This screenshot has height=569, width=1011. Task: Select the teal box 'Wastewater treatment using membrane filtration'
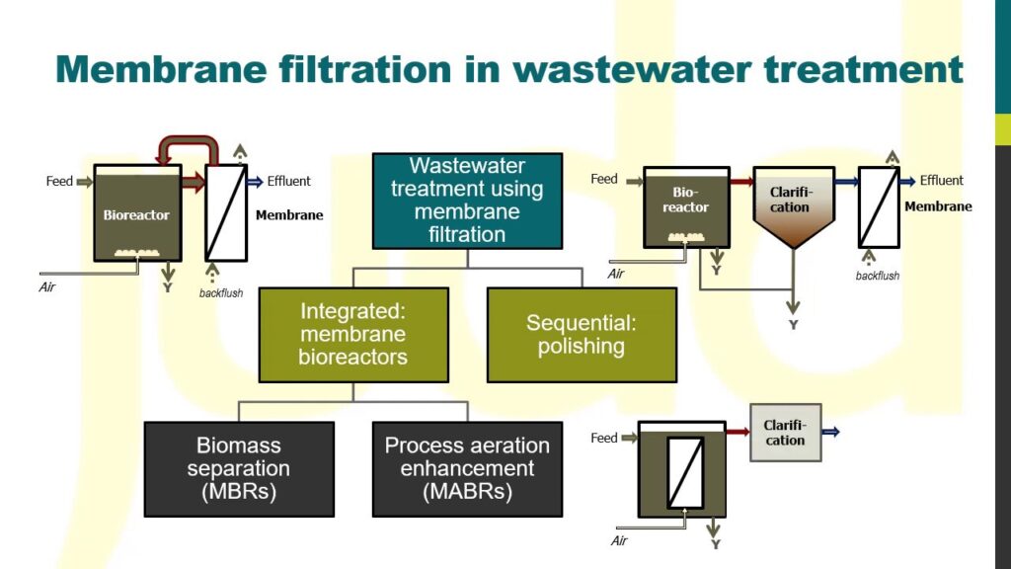[467, 201]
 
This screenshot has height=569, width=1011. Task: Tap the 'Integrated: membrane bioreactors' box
[353, 334]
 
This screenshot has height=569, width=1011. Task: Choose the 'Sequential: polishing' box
[582, 334]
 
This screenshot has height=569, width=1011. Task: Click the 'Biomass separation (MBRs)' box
[239, 468]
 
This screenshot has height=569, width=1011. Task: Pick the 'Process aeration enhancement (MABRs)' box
[467, 468]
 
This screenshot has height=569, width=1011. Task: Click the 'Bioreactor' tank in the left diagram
[137, 213]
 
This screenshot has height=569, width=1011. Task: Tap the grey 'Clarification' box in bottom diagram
[785, 433]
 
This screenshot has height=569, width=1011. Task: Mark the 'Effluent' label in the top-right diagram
[941, 181]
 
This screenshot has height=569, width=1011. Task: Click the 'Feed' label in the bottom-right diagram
[604, 438]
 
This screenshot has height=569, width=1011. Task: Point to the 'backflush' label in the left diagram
[221, 293]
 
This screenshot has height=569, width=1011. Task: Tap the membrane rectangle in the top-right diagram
[878, 206]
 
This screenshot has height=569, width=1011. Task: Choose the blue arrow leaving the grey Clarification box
[831, 432]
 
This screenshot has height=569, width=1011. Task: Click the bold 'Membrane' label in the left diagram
[289, 214]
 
